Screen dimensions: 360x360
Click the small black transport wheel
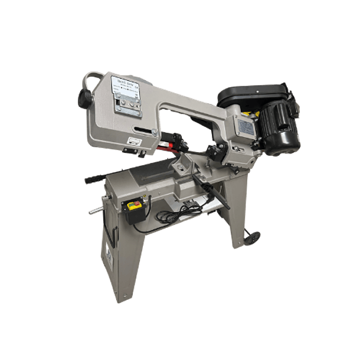253,237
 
